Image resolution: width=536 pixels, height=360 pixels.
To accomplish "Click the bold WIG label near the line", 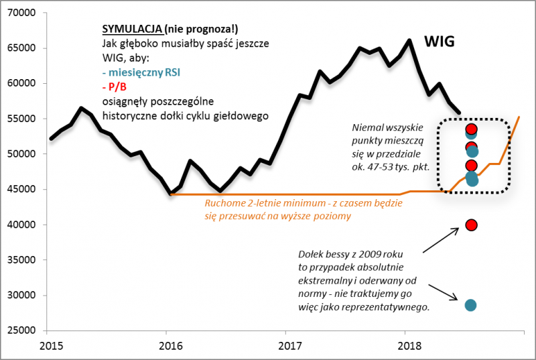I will [440, 42].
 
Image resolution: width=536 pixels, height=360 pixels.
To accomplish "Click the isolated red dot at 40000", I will [471, 225].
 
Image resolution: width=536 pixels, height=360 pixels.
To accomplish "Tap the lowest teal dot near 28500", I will [470, 306].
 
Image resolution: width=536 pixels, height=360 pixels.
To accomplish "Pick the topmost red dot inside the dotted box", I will [471, 129].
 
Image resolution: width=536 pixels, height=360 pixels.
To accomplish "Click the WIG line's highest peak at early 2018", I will [409, 40].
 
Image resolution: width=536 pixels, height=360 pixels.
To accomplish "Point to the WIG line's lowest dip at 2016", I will [172, 194].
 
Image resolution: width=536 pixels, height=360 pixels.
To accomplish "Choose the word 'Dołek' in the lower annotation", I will [312, 254].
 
